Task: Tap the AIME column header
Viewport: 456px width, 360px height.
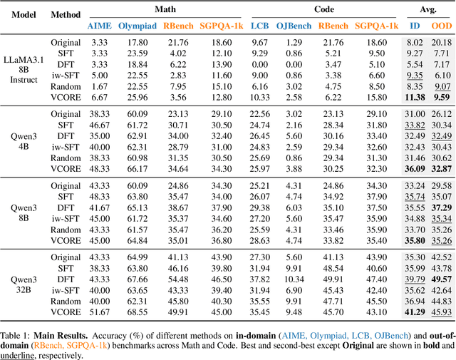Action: point(99,25)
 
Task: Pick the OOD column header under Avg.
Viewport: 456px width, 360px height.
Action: point(442,25)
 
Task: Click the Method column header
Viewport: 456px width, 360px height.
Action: point(66,14)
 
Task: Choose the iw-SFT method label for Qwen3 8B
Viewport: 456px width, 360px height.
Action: point(66,218)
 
